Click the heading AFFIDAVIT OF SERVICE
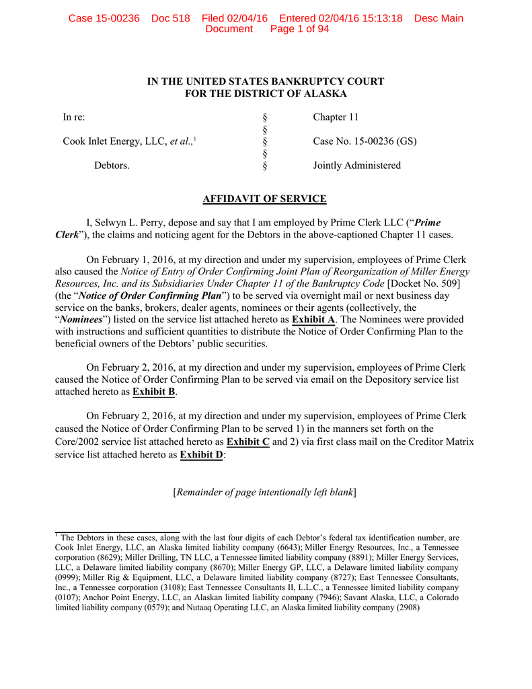265,198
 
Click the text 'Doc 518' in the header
171,18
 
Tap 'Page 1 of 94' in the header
299,29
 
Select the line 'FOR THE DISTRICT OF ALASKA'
266,94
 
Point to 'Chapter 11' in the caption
336,118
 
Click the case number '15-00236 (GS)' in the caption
379,141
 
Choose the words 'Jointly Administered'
356,165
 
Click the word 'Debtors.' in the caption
112,165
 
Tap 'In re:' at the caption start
74,118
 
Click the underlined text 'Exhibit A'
313,319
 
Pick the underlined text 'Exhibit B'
154,391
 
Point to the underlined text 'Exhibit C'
248,441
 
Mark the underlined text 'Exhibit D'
202,454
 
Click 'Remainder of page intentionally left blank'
265,492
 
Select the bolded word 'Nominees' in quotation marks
80,319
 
